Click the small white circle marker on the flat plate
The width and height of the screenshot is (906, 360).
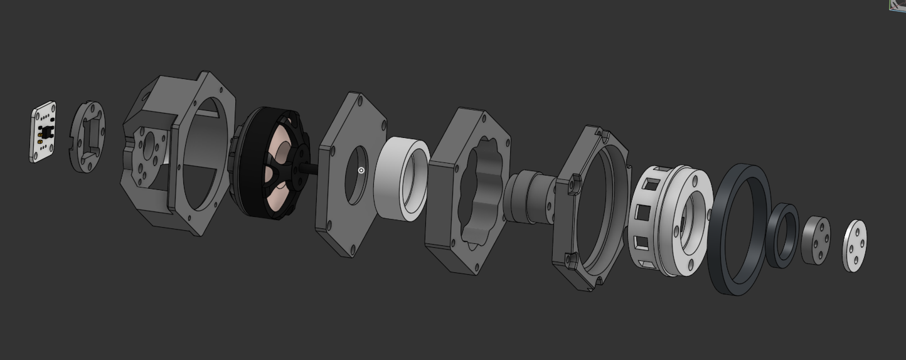[x=361, y=171]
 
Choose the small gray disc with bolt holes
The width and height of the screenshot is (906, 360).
[x=814, y=240]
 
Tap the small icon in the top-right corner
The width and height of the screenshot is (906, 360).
[x=898, y=4]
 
